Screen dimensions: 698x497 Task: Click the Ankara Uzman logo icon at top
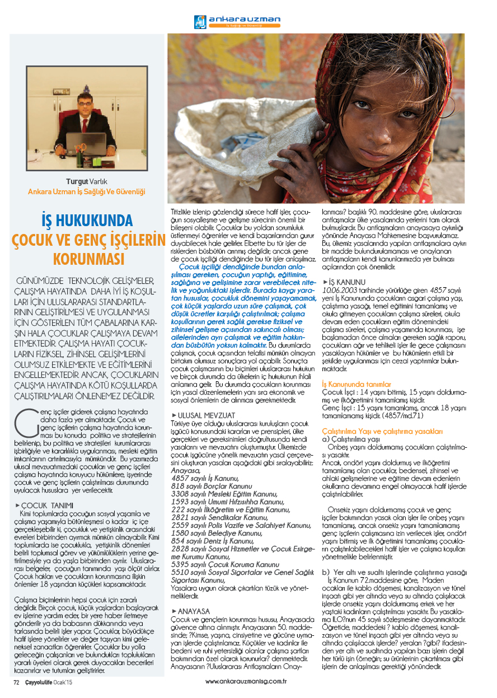coord(200,22)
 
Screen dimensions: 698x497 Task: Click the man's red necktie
coord(85,125)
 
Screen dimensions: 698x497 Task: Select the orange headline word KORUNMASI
coord(88,259)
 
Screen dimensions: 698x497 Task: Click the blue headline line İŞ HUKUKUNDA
coord(88,219)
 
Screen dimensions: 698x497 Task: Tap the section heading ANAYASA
coord(193,611)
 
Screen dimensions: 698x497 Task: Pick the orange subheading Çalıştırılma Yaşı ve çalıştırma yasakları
coord(382,432)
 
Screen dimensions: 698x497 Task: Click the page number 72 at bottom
coord(16,682)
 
